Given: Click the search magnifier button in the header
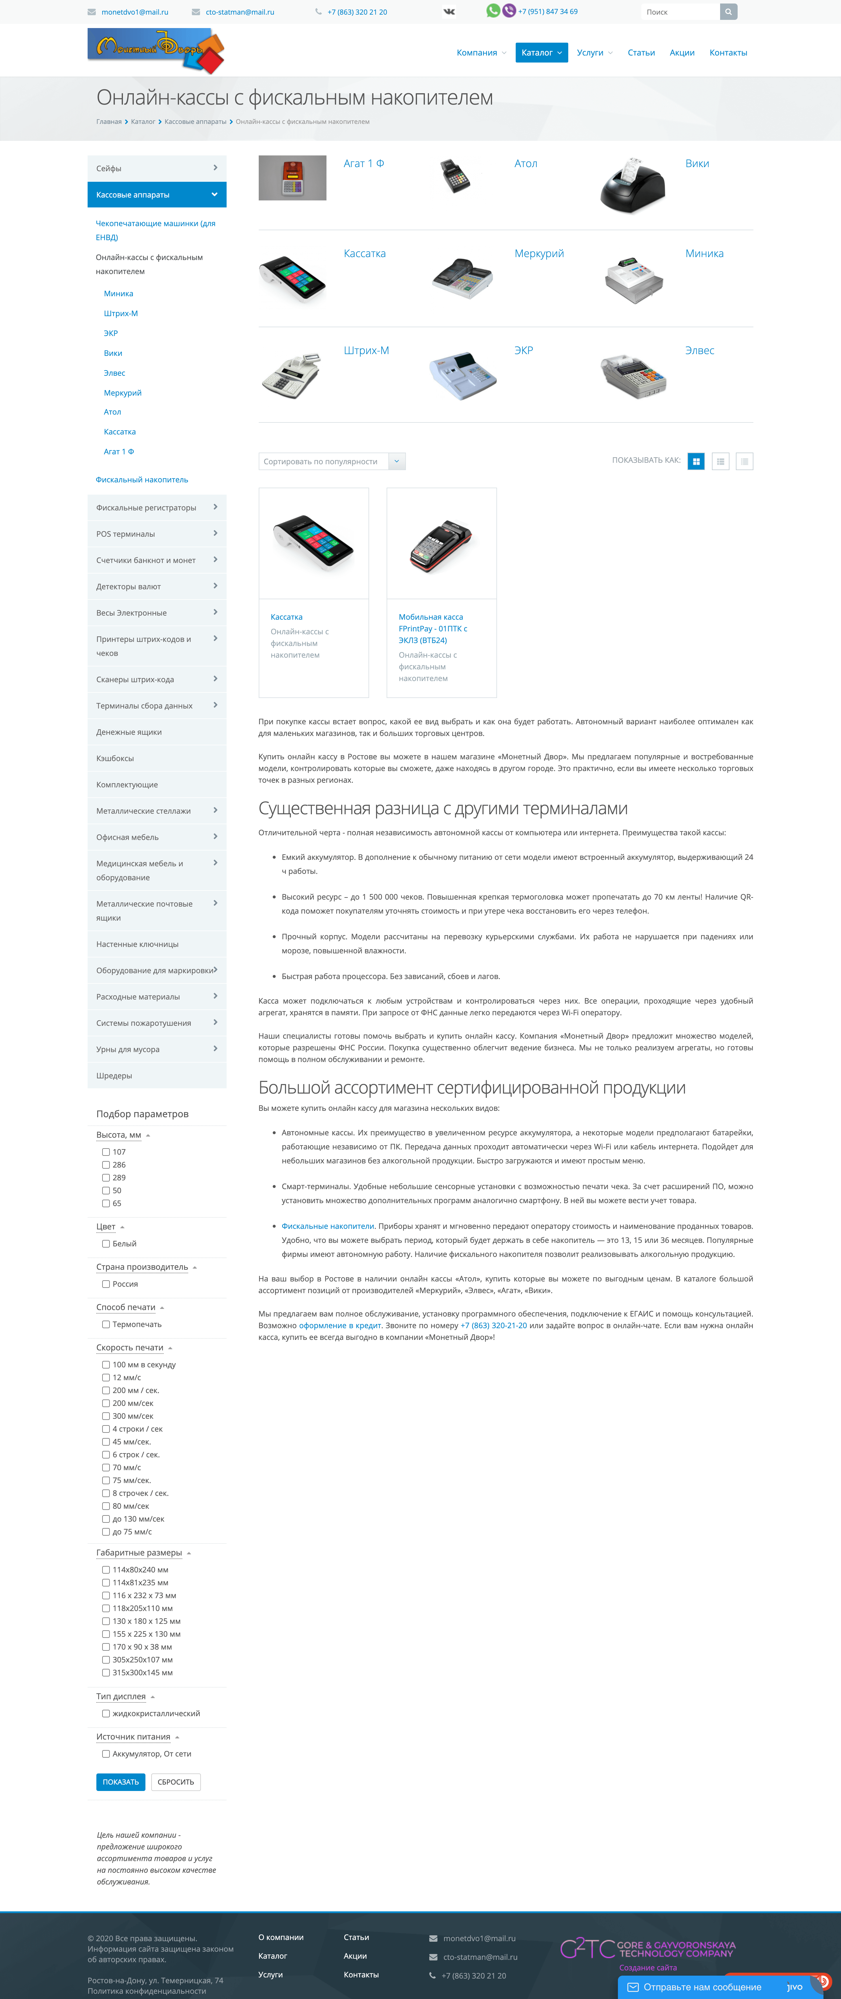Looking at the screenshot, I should click(728, 12).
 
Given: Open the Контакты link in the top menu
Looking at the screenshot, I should click(728, 53).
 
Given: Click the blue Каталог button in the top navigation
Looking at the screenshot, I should click(541, 53).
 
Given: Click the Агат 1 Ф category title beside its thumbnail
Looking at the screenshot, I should click(364, 164).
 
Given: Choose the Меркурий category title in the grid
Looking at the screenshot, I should click(538, 254).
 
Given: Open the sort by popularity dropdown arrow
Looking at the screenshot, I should click(397, 461).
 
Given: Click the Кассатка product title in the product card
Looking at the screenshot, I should click(286, 617).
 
